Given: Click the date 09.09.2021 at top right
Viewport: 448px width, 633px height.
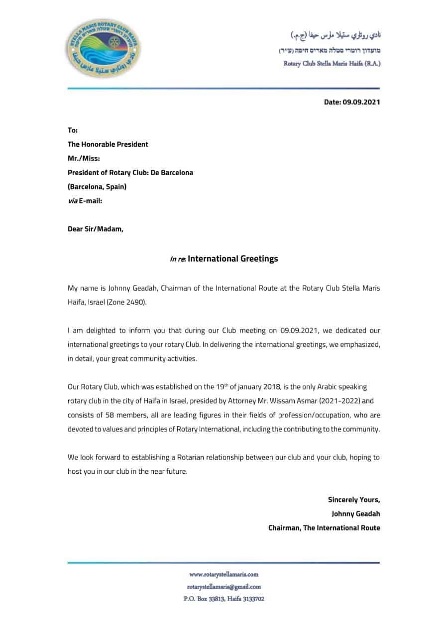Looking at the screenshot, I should point(352,102).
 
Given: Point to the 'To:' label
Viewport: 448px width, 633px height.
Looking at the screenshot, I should point(73,130).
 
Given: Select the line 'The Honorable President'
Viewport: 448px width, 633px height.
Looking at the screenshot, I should point(108,144).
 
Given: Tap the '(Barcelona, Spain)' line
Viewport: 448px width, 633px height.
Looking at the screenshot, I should point(97,187).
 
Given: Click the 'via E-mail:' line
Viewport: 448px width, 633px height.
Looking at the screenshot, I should point(85,201).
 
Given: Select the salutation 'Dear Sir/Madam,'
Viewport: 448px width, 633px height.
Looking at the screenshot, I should point(95,229).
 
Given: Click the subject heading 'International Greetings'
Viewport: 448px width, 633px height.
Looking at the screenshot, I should point(232,259).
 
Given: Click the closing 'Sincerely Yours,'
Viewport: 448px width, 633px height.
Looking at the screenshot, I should point(353,500).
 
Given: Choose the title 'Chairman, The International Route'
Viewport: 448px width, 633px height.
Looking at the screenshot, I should point(324,528).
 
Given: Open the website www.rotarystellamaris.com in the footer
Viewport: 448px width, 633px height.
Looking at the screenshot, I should point(224,574).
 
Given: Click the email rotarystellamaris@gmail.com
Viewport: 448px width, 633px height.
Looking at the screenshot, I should point(224,587).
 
